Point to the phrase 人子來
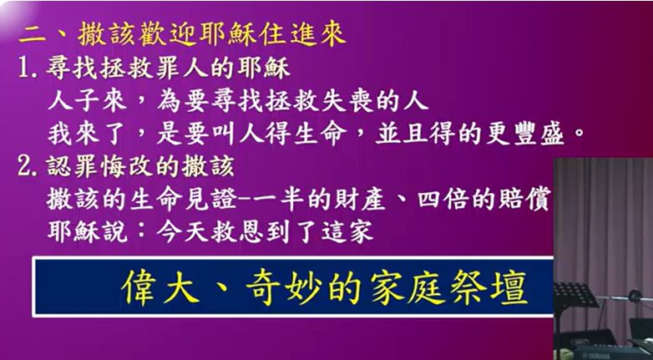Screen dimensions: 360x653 pyautogui.click(x=79, y=101)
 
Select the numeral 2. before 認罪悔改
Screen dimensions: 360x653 pyautogui.click(x=29, y=165)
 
